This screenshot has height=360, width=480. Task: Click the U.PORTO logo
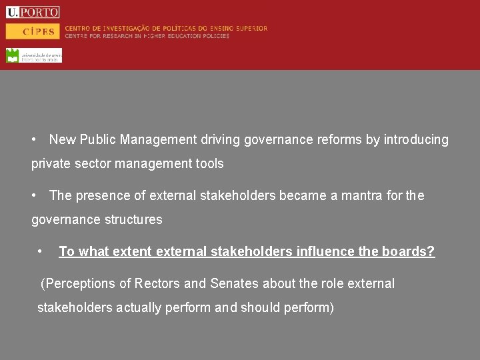click(x=33, y=12)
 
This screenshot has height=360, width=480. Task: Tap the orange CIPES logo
click(x=33, y=31)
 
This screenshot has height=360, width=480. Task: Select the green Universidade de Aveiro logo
click(x=33, y=55)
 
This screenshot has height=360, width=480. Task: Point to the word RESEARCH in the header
click(x=126, y=36)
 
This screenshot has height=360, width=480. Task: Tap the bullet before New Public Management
click(x=34, y=139)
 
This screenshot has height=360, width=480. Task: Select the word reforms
click(x=339, y=139)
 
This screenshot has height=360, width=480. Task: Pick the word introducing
click(x=417, y=139)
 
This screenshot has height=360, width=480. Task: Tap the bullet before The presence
click(x=34, y=195)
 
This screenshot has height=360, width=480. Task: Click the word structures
click(x=133, y=219)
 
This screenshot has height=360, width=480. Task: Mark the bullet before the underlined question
click(x=41, y=251)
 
